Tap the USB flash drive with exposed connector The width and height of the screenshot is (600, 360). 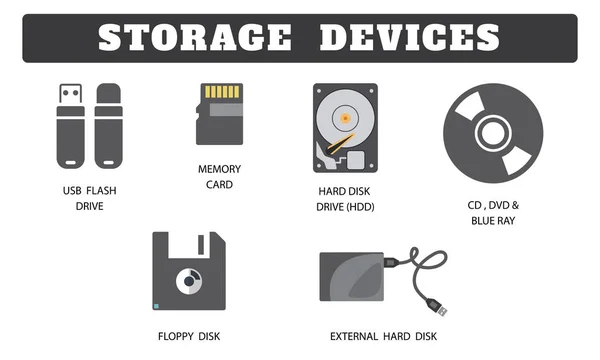coord(66,125)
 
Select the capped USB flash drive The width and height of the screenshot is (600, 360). coord(108,125)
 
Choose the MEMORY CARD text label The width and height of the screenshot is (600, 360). coord(219,177)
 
